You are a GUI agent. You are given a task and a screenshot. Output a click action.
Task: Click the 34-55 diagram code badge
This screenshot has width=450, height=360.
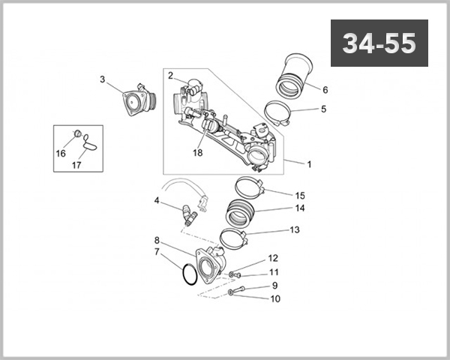click(379, 43)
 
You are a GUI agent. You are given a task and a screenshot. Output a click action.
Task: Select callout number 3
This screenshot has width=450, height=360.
click(103, 79)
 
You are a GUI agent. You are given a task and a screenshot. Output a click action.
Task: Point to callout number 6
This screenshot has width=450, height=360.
click(325, 89)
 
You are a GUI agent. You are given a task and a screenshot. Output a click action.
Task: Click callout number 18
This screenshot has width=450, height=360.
click(198, 152)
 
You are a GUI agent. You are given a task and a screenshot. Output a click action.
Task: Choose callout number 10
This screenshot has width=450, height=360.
click(274, 298)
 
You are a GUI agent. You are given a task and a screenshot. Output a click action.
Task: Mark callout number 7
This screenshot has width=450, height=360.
click(157, 252)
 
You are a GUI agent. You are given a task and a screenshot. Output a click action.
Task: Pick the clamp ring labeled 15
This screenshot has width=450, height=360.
click(247, 186)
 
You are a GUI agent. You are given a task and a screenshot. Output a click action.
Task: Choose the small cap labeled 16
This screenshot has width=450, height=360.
click(76, 135)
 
